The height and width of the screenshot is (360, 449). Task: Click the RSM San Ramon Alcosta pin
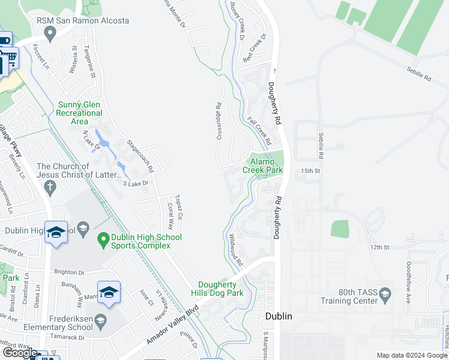point(51,33)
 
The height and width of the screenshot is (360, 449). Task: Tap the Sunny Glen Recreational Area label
point(80,113)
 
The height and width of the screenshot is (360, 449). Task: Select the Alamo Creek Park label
point(262,166)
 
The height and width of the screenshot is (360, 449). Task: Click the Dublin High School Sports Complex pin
point(103,238)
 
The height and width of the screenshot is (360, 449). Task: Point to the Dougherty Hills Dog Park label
point(221,289)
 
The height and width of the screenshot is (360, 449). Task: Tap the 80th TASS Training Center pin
point(385,293)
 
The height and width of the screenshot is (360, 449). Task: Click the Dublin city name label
point(279,316)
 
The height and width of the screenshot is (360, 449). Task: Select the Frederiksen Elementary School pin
point(100,319)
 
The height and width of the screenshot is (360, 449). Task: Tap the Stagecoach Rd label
point(140,155)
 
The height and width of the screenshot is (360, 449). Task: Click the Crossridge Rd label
point(219,121)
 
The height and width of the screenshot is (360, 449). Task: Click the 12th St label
point(379,247)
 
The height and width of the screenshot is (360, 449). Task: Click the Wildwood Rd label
point(234,251)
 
